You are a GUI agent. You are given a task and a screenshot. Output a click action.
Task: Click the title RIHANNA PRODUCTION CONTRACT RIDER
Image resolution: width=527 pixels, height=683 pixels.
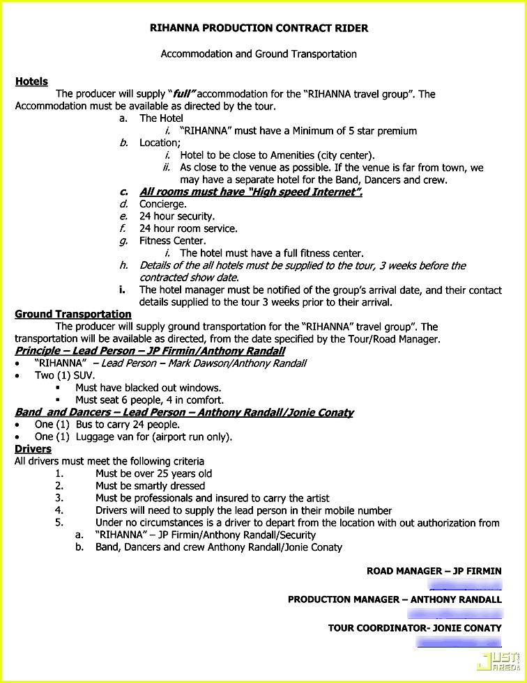(x=259, y=29)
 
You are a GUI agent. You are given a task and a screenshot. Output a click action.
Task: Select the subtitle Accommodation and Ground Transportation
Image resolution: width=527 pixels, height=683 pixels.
(x=259, y=54)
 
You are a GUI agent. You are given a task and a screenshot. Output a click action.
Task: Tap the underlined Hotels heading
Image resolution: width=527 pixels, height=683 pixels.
(x=31, y=81)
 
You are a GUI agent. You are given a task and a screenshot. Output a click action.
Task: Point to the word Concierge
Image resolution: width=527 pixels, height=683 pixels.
(x=163, y=204)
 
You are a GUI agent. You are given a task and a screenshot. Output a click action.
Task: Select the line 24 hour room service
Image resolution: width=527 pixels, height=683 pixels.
(x=188, y=228)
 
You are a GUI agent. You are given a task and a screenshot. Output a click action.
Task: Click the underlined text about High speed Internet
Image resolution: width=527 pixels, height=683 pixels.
(x=250, y=192)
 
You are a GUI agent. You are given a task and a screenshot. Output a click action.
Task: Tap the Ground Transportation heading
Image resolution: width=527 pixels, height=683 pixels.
(x=73, y=314)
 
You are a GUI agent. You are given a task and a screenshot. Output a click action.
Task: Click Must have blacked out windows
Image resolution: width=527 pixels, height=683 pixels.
(x=148, y=388)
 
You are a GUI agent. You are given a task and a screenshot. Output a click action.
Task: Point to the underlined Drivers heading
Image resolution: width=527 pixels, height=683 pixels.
(x=33, y=449)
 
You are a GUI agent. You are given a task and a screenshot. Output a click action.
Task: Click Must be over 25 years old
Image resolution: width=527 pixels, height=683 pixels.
(x=154, y=473)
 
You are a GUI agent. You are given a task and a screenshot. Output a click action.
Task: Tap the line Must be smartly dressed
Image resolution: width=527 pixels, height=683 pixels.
(x=151, y=486)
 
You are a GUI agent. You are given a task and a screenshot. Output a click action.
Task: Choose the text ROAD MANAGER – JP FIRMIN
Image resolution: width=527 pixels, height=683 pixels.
(x=434, y=571)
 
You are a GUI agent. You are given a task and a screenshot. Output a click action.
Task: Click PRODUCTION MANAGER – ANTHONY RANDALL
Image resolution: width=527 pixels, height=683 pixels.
(x=395, y=599)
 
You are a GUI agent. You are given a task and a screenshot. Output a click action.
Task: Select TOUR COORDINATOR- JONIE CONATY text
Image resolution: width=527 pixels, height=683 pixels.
(x=415, y=628)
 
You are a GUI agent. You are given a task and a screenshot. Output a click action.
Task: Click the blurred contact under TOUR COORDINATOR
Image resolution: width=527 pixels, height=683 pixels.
(x=459, y=642)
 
